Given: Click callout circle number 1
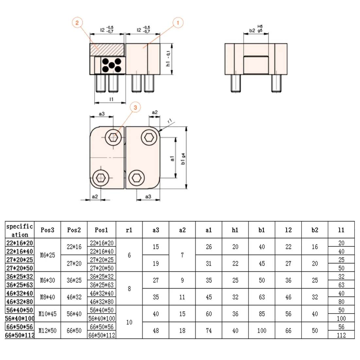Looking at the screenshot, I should (178, 23).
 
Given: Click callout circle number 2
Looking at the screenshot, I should (77, 23).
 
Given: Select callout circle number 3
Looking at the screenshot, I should (135, 107).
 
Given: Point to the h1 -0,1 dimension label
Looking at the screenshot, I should (168, 59).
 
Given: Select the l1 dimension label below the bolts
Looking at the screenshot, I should (111, 99).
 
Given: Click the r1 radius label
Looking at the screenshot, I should (170, 121).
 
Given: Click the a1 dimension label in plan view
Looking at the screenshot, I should (172, 158).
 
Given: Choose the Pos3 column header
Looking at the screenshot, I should (47, 230).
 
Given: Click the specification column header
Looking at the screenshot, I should (20, 230).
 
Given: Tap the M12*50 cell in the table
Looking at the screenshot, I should (47, 331).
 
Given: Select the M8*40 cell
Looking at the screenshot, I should (47, 297).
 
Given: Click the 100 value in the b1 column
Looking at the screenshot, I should (261, 331).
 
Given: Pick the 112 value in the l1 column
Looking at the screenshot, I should (341, 335).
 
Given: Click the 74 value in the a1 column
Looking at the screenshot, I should (208, 331).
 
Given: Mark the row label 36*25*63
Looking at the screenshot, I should (20, 285).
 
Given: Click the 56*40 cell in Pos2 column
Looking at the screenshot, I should (74, 314).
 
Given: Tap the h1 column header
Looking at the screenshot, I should (235, 230).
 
